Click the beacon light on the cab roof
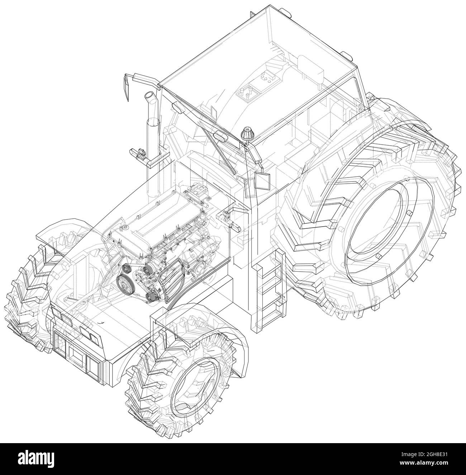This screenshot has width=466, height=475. pyautogui.click(x=247, y=134)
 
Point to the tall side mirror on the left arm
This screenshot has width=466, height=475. pyautogui.click(x=127, y=87)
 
